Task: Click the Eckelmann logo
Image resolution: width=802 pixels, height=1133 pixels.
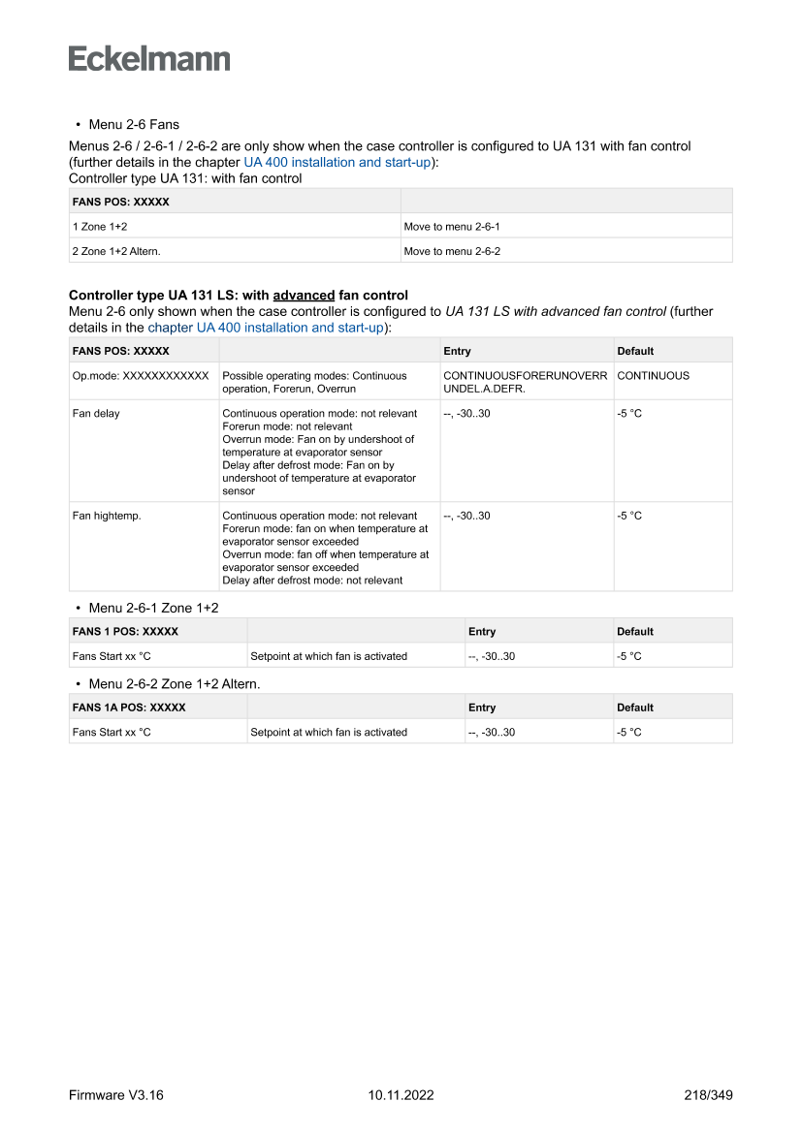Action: (149, 59)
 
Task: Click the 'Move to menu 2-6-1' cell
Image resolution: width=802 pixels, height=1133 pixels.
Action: (451, 227)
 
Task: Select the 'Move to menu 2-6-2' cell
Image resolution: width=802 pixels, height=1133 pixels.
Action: (451, 251)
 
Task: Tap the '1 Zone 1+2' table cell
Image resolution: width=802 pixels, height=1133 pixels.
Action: (93, 227)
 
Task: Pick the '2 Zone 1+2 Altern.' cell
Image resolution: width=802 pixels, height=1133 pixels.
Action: (116, 251)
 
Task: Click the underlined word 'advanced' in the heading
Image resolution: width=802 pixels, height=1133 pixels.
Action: (304, 295)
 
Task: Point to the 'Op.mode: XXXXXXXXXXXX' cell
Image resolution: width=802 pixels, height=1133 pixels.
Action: (141, 375)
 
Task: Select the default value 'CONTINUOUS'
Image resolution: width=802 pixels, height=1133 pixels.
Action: (653, 375)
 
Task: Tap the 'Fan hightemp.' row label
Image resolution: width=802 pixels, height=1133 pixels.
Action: (107, 516)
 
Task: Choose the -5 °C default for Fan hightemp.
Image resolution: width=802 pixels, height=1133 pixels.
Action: (629, 516)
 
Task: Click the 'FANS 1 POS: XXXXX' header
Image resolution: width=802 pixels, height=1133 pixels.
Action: (125, 632)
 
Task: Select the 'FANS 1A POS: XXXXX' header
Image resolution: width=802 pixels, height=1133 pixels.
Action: (129, 708)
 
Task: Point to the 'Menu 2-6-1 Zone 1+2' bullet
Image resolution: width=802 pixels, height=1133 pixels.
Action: (153, 608)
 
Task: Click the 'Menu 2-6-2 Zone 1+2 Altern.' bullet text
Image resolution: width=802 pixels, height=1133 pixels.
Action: (174, 683)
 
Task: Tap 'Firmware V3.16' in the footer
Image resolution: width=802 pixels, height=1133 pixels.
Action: (116, 1095)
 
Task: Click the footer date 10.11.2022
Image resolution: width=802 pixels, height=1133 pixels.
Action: (401, 1095)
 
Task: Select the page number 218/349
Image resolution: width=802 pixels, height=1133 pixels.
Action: (708, 1095)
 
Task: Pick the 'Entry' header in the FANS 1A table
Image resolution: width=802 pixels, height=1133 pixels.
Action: (481, 708)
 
